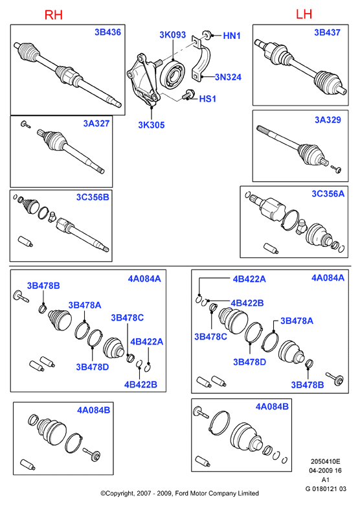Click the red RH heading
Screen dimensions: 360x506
[53, 15]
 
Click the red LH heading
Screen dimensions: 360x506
[304, 14]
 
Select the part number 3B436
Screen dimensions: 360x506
[107, 32]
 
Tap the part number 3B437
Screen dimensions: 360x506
[327, 32]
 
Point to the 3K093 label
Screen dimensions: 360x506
[173, 35]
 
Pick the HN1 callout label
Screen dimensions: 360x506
[232, 36]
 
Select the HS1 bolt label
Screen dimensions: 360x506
[207, 98]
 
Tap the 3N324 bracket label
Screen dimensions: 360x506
[228, 77]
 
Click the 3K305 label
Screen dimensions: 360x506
[152, 125]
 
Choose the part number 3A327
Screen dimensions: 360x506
[96, 123]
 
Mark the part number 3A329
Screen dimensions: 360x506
[328, 120]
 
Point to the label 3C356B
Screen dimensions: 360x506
[93, 197]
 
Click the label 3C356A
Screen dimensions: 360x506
[328, 194]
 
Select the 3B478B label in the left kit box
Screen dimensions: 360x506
[43, 286]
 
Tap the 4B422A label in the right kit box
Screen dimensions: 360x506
[249, 279]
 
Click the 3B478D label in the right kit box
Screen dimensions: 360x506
[249, 362]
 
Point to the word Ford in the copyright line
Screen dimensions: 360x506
[182, 493]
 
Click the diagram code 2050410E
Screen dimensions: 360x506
[325, 462]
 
